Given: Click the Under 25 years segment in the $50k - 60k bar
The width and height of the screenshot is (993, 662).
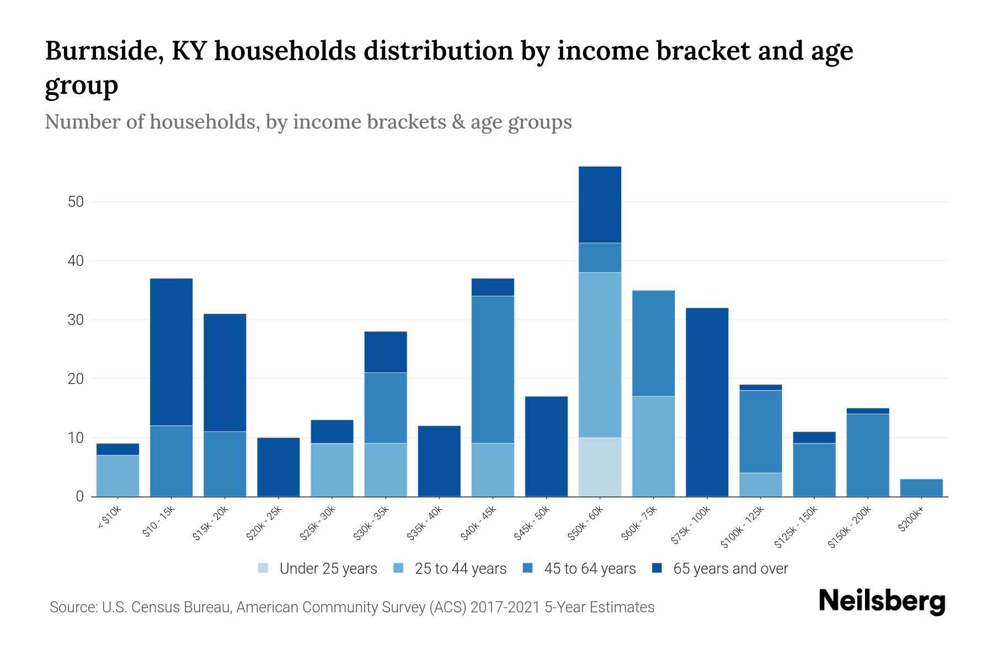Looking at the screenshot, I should pos(600,467).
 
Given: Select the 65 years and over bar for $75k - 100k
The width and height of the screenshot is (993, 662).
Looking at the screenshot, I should pos(707,402).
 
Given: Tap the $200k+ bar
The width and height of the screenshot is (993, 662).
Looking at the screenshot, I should pos(921,488).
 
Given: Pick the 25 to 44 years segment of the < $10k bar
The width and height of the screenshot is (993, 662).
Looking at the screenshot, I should pos(118,476).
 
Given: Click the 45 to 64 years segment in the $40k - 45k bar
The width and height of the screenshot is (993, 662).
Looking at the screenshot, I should pos(493,370).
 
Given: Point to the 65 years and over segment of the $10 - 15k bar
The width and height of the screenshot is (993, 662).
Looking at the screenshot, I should pos(171,352).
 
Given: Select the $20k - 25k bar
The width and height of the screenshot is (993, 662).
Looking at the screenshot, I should pos(278,467).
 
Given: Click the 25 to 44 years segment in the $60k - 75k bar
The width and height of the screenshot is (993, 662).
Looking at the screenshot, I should pos(653,446).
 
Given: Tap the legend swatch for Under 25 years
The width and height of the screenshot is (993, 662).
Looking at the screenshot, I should pos(264,568).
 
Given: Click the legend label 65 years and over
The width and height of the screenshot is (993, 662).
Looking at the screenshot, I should pos(730,568).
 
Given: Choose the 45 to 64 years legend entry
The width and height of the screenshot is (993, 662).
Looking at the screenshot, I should pos(590,568).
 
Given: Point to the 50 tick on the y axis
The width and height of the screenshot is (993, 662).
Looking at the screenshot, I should pos(76,202).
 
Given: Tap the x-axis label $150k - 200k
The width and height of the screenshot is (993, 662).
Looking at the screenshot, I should pos(850,527).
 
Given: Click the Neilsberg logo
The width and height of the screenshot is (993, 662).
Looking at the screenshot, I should pos(882,601).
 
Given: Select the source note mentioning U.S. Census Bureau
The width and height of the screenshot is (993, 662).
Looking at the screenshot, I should pos(351,607).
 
